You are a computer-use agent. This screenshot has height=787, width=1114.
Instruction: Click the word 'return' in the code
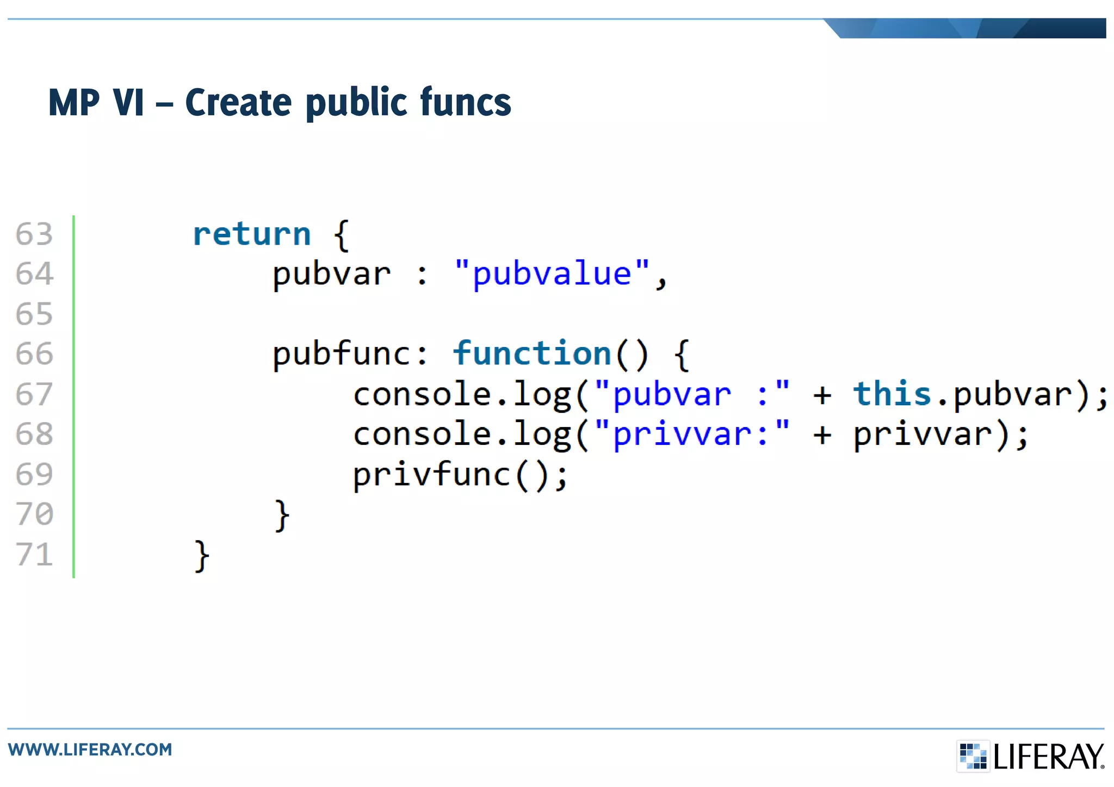point(252,234)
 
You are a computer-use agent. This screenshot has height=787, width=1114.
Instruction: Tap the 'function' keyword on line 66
point(532,354)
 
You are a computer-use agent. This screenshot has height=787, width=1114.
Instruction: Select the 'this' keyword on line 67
point(892,394)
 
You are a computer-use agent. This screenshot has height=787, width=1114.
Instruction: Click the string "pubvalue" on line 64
point(552,274)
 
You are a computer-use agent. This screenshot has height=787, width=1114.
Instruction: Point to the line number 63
point(34,234)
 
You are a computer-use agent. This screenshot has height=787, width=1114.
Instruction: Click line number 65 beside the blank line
point(34,314)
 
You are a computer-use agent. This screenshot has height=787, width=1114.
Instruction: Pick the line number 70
point(34,514)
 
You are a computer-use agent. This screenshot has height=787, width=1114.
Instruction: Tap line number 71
point(34,554)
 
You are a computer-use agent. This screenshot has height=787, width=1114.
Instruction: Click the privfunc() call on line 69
point(460,475)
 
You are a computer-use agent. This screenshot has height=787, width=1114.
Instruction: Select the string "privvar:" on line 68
point(691,434)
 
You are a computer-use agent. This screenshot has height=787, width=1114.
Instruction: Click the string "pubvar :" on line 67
point(691,394)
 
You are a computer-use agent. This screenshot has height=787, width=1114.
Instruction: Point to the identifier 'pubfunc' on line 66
point(342,354)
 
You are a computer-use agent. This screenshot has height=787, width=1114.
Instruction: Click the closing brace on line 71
point(202,556)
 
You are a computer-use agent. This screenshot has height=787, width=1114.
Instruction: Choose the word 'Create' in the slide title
point(238,102)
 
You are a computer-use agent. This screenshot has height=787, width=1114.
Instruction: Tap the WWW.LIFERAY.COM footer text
point(90,749)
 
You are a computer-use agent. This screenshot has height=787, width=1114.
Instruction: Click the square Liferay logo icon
point(973,756)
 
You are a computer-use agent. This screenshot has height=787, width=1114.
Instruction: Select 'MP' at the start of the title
point(74,102)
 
